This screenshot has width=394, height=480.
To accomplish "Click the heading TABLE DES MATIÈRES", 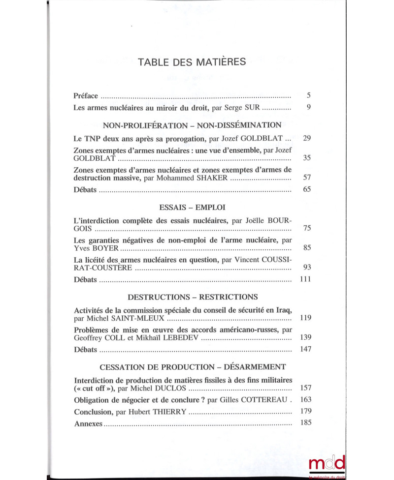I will [193, 62].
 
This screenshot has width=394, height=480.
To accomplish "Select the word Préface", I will [86, 95].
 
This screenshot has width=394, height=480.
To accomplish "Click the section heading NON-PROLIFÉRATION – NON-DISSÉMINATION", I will [192, 125].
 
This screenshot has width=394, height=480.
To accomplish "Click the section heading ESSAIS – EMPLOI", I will [192, 208].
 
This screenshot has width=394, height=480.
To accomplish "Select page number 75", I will [306, 229].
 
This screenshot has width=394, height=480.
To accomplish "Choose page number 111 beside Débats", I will [305, 280].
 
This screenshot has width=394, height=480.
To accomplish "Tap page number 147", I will [305, 350].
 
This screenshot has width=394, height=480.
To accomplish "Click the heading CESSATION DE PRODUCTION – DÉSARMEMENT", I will [193, 367].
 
